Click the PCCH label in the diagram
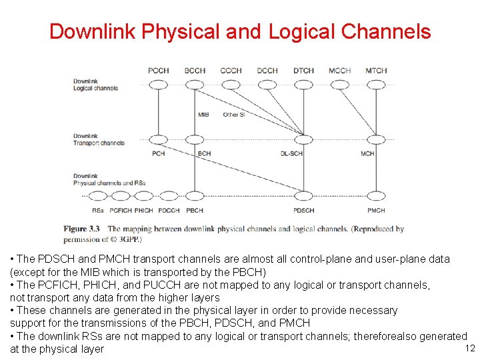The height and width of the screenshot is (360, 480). [158, 71]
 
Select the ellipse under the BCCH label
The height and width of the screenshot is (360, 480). [195, 85]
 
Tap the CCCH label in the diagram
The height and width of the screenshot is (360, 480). [231, 71]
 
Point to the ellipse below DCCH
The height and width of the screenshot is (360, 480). [267, 85]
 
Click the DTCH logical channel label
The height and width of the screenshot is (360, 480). [303, 71]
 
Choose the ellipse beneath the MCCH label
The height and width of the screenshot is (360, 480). [340, 85]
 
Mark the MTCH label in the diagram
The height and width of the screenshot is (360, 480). [376, 71]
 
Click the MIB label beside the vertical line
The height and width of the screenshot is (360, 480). [203, 115]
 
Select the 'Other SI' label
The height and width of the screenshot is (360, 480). [234, 115]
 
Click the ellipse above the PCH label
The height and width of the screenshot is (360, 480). [159, 140]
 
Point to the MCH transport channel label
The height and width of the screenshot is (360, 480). [368, 154]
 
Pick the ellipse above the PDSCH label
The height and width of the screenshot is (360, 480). [304, 196]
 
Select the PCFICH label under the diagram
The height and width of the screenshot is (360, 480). [122, 211]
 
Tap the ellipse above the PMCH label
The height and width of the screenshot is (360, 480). [376, 196]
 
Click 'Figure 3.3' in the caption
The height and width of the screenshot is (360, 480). [81, 229]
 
